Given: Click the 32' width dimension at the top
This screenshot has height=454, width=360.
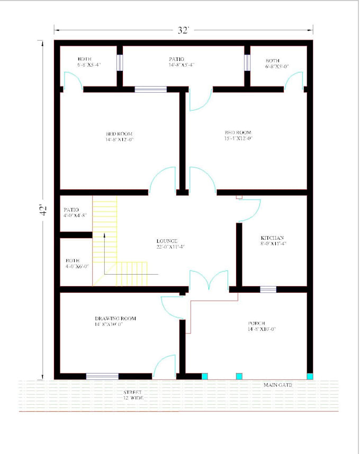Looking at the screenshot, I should (x=183, y=30).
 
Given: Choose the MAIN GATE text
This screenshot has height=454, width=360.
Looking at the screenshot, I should (x=278, y=385).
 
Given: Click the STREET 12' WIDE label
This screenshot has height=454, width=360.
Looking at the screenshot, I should (x=132, y=395).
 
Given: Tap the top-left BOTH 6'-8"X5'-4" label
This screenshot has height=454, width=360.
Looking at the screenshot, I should (x=86, y=62).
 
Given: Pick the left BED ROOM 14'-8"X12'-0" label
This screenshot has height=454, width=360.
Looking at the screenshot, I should (x=119, y=137).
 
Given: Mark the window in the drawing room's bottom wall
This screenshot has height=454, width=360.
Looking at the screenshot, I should (x=102, y=376).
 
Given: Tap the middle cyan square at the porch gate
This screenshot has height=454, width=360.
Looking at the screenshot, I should (x=239, y=376).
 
